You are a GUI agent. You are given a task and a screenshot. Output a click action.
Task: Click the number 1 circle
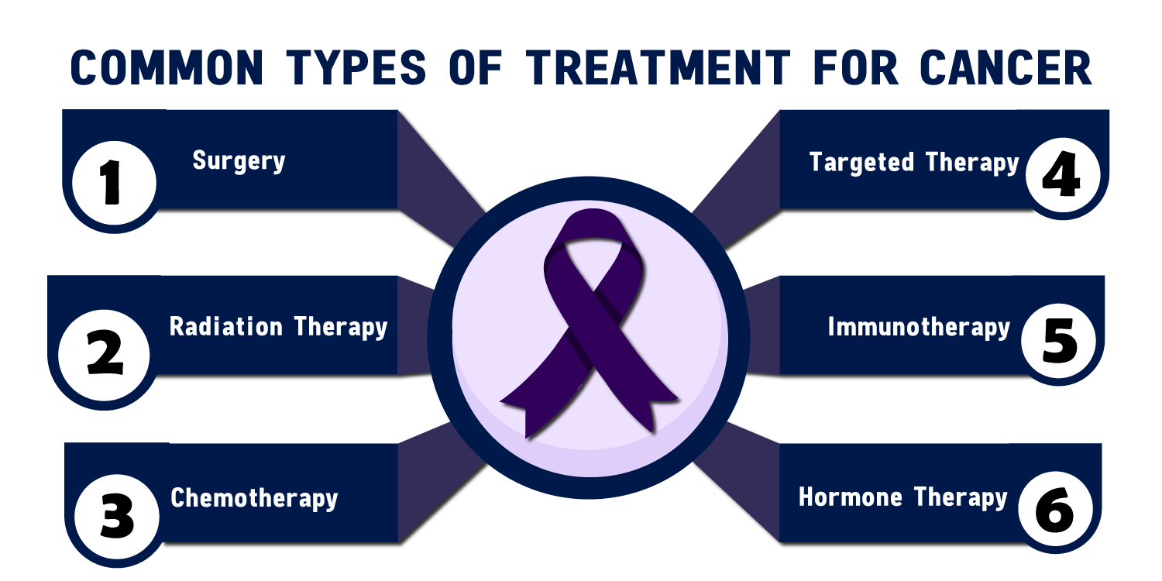[113, 184]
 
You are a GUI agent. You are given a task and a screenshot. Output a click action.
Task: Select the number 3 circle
[117, 517]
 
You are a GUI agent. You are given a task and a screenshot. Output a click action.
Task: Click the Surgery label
[239, 161]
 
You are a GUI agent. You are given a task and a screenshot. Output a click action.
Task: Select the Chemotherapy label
[254, 498]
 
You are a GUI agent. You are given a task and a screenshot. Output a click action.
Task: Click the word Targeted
[851, 162]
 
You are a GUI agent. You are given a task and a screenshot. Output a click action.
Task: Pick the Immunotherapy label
[919, 328]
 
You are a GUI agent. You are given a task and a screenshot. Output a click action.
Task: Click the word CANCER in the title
[1005, 68]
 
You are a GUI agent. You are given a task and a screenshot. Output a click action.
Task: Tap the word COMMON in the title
[167, 68]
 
